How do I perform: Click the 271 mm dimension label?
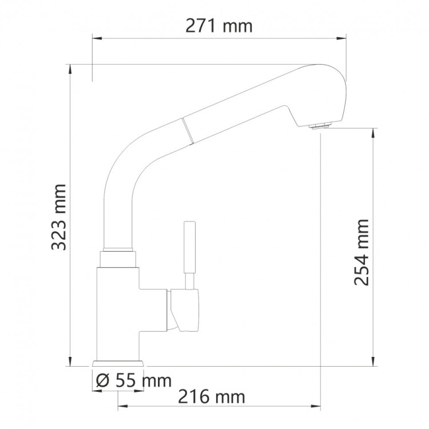tap(220, 26)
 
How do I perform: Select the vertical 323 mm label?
tap(59, 217)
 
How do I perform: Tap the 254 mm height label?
tap(361, 252)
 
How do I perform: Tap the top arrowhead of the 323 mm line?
tap(70, 67)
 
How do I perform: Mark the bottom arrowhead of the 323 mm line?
tap(70, 361)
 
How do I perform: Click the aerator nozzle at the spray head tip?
tap(318, 125)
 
